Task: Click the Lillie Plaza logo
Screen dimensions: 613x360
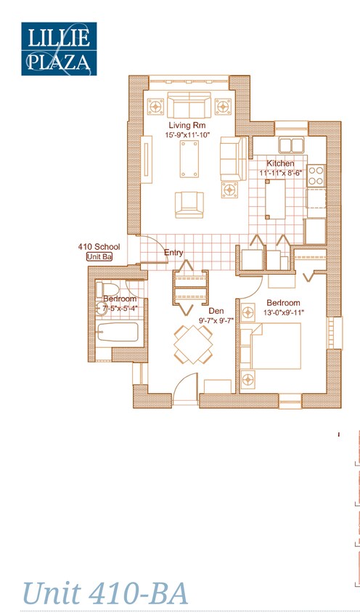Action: (x=58, y=49)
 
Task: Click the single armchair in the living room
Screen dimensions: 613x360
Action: (x=188, y=203)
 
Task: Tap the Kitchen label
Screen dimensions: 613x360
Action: (x=280, y=163)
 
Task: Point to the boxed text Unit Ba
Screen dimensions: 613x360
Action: (x=99, y=257)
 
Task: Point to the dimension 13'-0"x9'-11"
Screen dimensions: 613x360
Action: (x=284, y=312)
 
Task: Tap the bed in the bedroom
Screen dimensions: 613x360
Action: (x=274, y=346)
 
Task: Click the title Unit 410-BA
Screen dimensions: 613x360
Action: (x=105, y=593)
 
